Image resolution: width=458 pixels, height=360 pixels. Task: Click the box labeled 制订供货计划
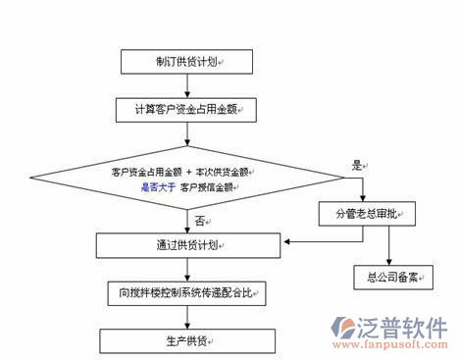tap(187, 61)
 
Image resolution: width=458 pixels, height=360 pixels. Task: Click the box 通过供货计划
tap(187, 244)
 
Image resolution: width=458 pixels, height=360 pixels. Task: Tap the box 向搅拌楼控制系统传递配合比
tap(187, 292)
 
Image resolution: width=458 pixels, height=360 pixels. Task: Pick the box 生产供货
tap(187, 339)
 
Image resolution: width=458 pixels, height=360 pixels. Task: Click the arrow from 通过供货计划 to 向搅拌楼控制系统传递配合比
tap(187, 268)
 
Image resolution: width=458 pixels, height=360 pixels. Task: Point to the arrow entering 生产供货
tap(187, 316)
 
